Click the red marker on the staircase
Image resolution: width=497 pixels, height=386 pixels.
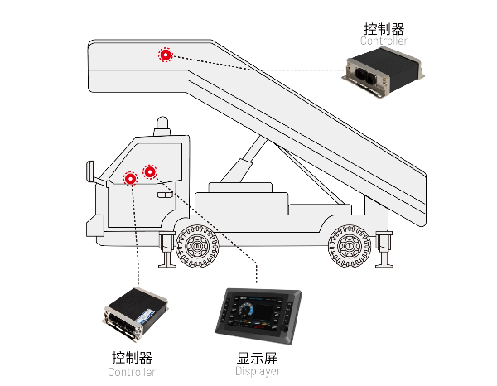166,55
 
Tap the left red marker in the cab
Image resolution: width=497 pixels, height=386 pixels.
130,178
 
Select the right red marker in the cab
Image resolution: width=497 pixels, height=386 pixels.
150,171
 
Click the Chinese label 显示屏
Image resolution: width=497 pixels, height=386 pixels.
258,359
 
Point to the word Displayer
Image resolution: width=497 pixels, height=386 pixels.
258,372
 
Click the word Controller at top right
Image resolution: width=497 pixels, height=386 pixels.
384,41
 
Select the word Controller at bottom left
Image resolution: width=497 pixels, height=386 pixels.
132,372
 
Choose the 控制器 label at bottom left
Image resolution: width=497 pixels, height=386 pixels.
132,359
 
